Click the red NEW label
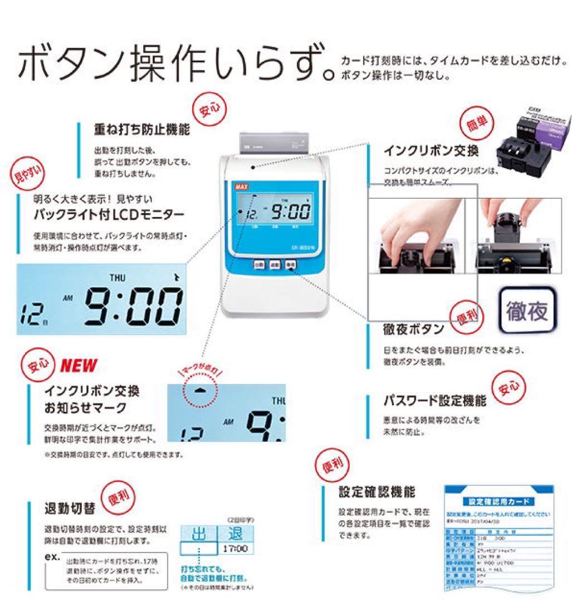click(78, 366)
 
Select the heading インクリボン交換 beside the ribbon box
click(431, 151)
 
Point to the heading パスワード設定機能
click(434, 401)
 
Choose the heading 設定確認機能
click(377, 492)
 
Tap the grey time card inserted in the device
click(273, 143)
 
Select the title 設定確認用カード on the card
click(497, 501)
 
